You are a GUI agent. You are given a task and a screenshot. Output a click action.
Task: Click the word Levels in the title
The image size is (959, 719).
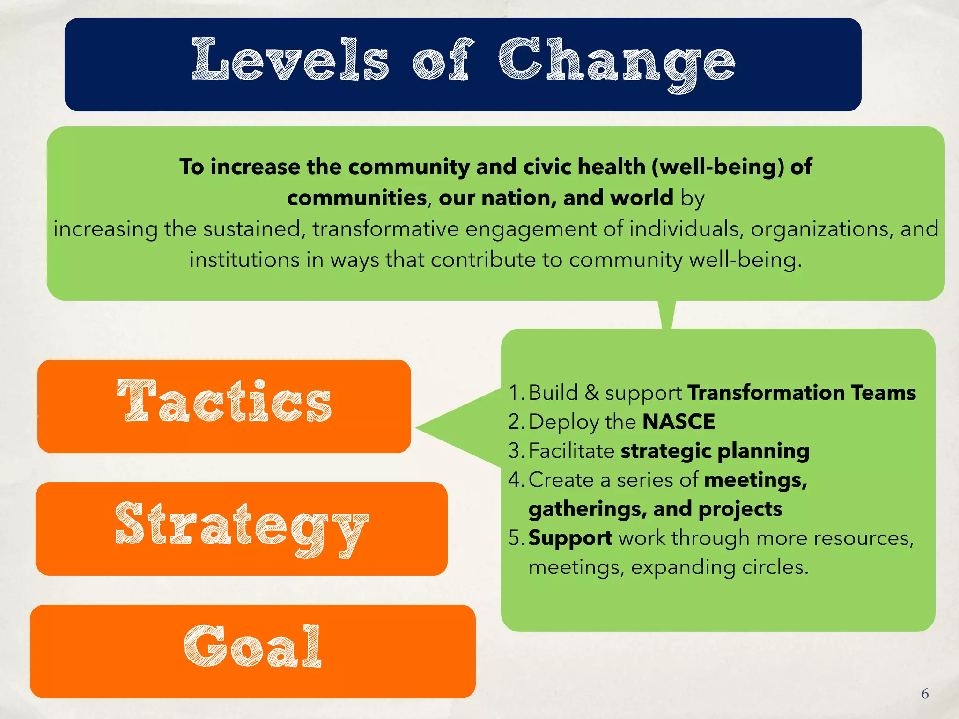click(290, 60)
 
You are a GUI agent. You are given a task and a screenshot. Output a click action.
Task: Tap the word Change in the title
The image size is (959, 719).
click(616, 63)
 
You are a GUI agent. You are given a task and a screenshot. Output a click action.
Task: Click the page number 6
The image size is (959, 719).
click(925, 693)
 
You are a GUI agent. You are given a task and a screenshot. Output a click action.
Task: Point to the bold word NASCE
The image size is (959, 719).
click(679, 421)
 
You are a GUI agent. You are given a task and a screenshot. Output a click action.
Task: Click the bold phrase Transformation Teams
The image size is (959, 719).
click(801, 392)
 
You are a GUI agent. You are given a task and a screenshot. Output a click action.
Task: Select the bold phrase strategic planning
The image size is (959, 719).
click(715, 450)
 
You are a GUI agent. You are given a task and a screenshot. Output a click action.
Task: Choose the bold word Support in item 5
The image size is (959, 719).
click(570, 538)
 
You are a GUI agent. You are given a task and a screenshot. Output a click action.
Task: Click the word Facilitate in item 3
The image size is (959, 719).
click(571, 450)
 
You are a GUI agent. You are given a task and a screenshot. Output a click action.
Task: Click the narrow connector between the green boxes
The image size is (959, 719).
click(666, 314)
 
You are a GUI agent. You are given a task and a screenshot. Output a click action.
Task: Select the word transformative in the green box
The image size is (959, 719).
click(385, 229)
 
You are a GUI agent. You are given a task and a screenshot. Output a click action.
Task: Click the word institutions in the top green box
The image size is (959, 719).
click(244, 260)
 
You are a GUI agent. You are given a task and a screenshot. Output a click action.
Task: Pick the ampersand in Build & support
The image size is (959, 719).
click(592, 392)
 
